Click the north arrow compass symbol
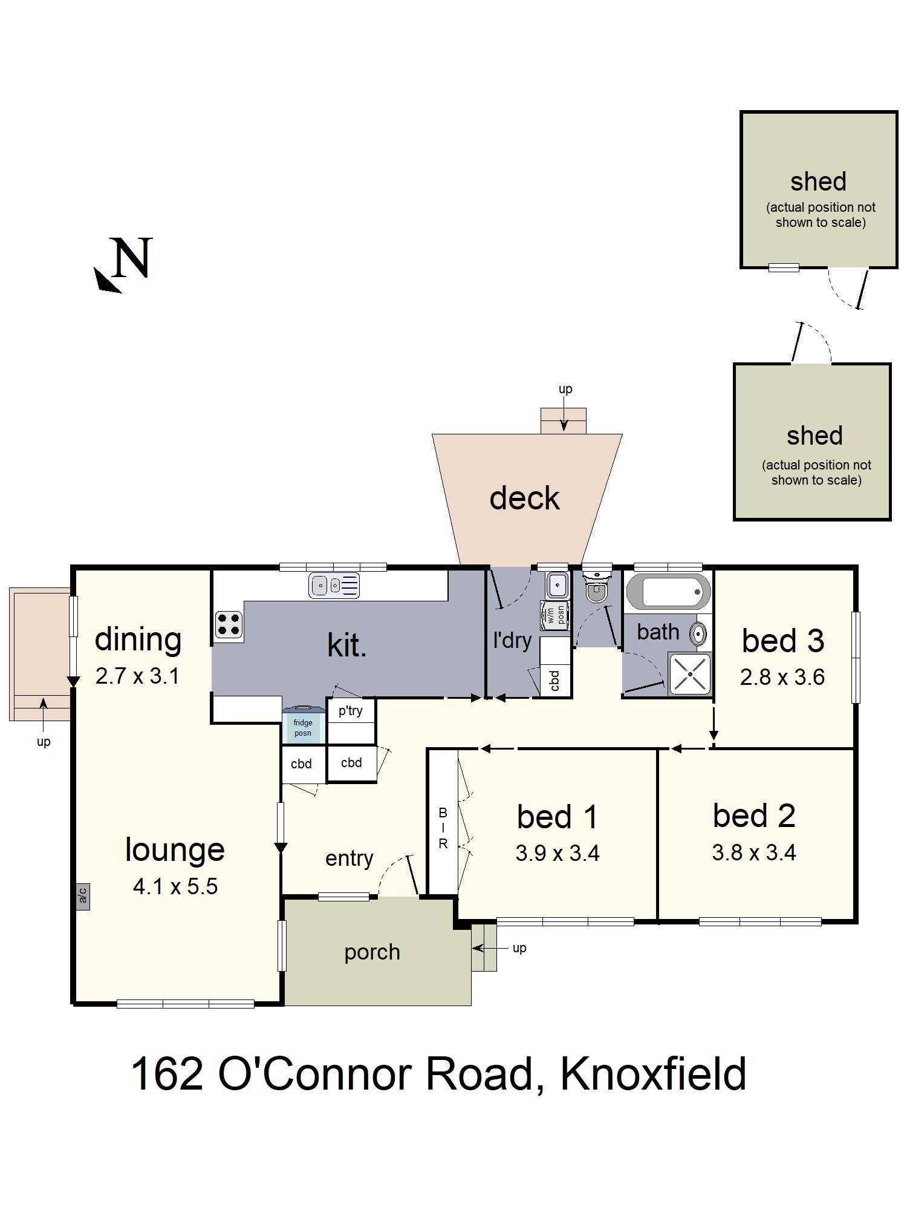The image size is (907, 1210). pyautogui.click(x=124, y=264)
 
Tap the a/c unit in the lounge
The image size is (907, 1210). pyautogui.click(x=83, y=895)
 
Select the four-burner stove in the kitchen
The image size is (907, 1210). pyautogui.click(x=229, y=625)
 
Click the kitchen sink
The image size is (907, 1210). pyautogui.click(x=334, y=585)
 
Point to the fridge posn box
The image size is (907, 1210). pyautogui.click(x=303, y=727)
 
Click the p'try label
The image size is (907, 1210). pyautogui.click(x=351, y=710)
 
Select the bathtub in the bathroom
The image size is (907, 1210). pyautogui.click(x=668, y=590)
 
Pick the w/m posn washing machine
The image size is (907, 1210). pyautogui.click(x=554, y=615)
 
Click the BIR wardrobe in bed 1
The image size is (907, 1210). pyautogui.click(x=443, y=828)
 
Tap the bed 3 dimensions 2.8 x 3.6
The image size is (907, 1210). pyautogui.click(x=782, y=677)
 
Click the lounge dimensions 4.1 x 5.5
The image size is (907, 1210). pyautogui.click(x=175, y=887)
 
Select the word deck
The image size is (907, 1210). pyautogui.click(x=524, y=498)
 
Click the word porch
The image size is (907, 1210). pyautogui.click(x=372, y=952)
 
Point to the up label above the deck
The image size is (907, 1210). pyautogui.click(x=565, y=389)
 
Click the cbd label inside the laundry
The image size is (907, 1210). pyautogui.click(x=554, y=681)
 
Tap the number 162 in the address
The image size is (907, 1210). pyautogui.click(x=166, y=1074)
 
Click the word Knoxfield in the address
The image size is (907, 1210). pyautogui.click(x=653, y=1074)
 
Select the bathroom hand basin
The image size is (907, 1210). pyautogui.click(x=698, y=633)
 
